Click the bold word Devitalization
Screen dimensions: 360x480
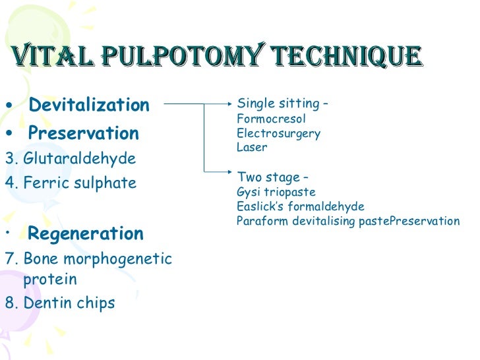[x=89, y=105]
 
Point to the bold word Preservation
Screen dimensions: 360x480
[x=84, y=134]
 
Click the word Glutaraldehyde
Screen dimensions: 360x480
[x=79, y=159]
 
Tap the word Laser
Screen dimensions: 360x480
[x=252, y=148]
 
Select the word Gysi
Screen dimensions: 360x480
[x=249, y=193]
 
